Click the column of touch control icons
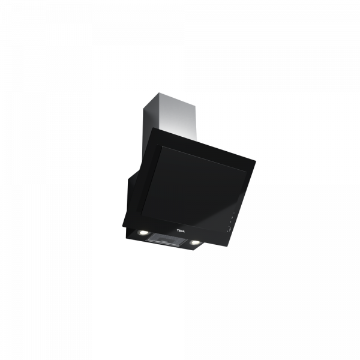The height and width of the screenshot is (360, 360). coord(229,222)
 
